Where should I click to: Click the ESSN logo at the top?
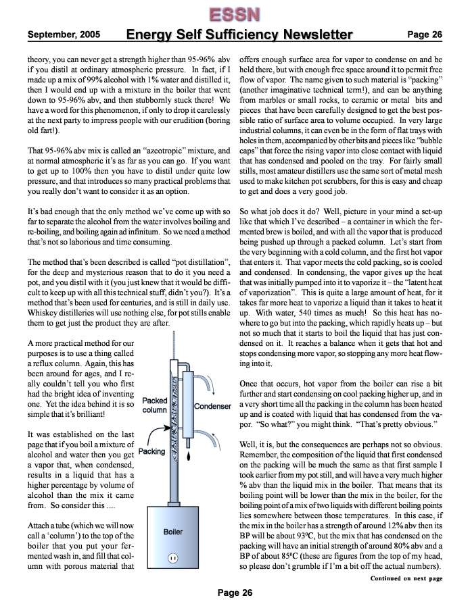235,14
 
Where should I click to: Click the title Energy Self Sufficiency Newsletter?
239,34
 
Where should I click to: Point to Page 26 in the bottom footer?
235,592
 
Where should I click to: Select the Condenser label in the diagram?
213,407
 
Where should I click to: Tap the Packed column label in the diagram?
155,405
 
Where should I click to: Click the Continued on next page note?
406,578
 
